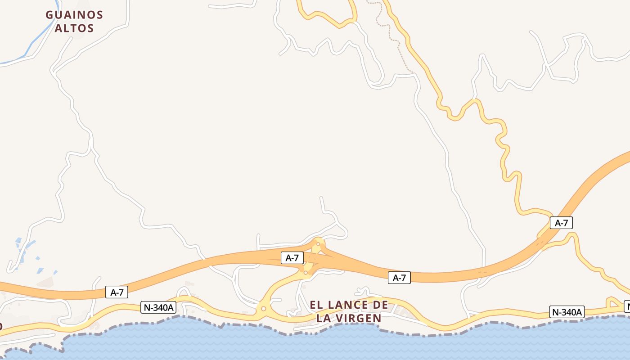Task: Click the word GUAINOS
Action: [x=74, y=15]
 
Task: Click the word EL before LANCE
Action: [x=317, y=305]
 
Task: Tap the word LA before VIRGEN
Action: [x=324, y=318]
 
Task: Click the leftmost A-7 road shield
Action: [x=117, y=292]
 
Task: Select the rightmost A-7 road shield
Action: [x=561, y=223]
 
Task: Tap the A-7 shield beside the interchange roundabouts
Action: [x=292, y=258]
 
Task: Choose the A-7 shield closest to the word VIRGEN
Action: [x=399, y=278]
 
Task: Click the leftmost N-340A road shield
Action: [x=158, y=308]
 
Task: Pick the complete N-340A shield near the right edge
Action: [x=567, y=312]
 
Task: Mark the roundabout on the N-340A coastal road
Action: [x=264, y=309]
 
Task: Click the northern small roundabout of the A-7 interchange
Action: [x=318, y=244]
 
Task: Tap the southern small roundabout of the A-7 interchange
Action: [x=306, y=273]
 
